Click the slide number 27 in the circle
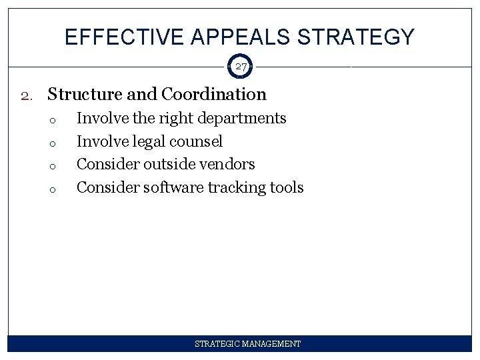point(240,67)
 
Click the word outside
point(169,164)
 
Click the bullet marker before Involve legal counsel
point(51,143)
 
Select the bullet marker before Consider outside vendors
point(51,165)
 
